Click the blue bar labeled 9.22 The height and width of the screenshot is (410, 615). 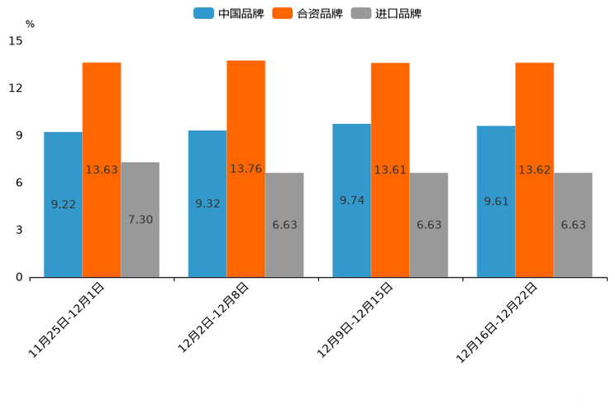63,204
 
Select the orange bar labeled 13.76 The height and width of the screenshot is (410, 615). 246,169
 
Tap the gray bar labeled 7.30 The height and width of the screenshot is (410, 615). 140,219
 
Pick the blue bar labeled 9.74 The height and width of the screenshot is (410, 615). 351,200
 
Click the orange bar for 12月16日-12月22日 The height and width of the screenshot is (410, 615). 534,169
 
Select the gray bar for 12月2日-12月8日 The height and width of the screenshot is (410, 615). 284,225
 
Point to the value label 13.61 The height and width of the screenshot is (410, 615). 390,170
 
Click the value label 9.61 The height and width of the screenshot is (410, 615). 496,202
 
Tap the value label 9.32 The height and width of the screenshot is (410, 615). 207,203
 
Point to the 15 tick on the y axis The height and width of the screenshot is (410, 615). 16,41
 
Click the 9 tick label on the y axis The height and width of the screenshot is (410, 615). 19,136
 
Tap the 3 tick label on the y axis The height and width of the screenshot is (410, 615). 19,230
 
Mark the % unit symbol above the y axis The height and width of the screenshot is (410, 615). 30,24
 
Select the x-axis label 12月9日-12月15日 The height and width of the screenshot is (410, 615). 356,318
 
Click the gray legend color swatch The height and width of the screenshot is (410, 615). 361,13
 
